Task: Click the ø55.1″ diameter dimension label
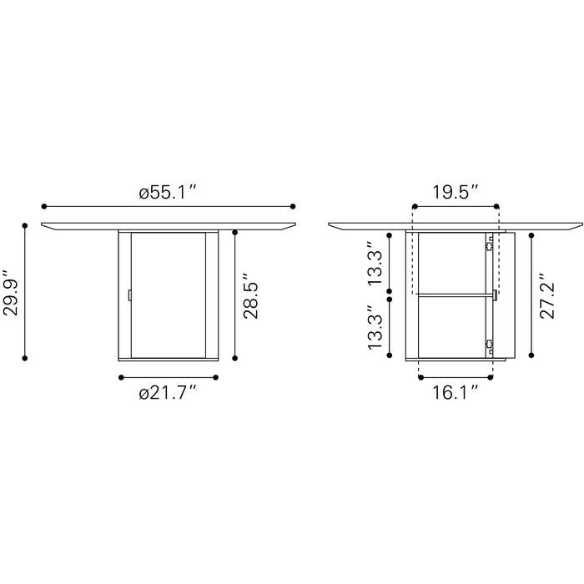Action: coord(167,191)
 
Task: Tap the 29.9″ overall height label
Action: coord(10,291)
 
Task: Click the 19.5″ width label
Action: coord(455,191)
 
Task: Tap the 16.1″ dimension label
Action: coord(455,392)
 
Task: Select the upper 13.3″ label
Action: coord(378,263)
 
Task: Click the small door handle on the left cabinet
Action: coord(129,295)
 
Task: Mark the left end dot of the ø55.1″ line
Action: coord(43,205)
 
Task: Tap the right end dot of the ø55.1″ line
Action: coord(293,205)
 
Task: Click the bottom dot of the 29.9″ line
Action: coord(25,358)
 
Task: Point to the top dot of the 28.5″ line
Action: coord(235,234)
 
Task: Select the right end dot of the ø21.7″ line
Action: coord(216,378)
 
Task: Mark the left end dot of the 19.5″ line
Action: coord(413,205)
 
